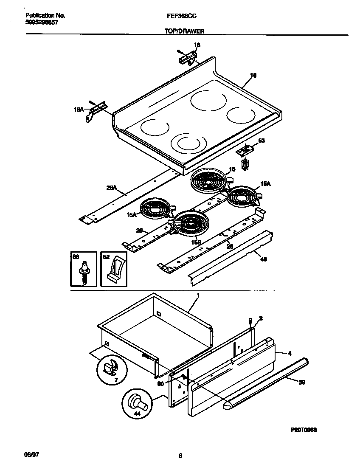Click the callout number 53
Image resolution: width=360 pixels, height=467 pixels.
pos(262,141)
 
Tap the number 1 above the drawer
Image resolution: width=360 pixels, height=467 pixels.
pos(198,295)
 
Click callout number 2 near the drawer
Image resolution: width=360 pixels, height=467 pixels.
pos(261,318)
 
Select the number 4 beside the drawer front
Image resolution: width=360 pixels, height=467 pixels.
pos(289,353)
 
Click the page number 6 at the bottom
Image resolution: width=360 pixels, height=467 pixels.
pos(180,456)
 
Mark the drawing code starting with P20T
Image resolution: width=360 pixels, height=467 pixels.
pos(304,430)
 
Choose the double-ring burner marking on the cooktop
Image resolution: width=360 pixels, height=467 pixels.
pos(188,143)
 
